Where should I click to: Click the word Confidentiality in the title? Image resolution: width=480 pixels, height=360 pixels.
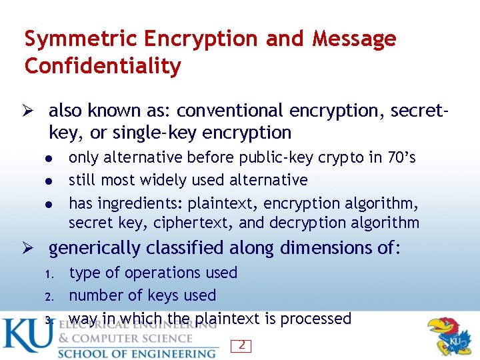(x=103, y=66)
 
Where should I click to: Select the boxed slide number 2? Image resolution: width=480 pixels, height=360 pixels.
(x=241, y=345)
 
